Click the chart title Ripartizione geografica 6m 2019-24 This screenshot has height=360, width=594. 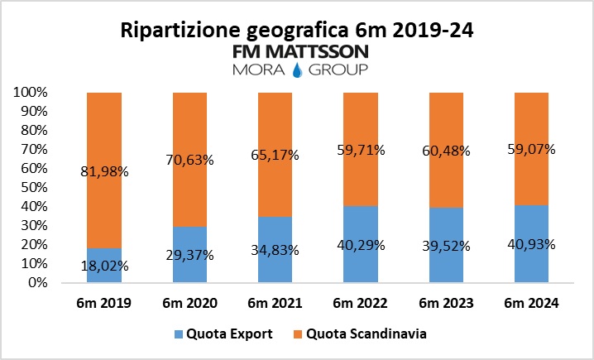297,31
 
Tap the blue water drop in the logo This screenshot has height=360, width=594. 297,68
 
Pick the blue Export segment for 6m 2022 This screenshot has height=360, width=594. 361,244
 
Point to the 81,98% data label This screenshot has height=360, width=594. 104,195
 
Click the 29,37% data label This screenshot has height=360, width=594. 189,255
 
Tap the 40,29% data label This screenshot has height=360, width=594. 361,245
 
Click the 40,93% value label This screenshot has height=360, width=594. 532,244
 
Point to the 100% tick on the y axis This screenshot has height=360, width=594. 32,93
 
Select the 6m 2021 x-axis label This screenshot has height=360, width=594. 275,304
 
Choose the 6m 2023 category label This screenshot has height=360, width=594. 447,304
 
